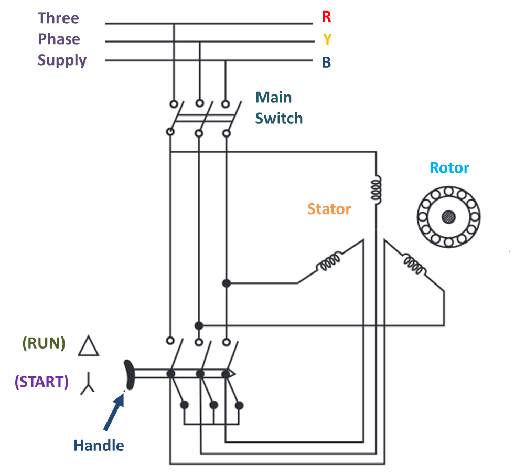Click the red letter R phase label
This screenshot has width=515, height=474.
pos(326,17)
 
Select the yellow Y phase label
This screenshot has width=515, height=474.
pos(327,39)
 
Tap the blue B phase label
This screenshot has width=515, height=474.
pos(326,62)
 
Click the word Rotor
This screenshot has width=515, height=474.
pos(449,168)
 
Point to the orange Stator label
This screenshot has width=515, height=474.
pos(329,209)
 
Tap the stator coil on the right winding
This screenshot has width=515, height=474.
pos(413,264)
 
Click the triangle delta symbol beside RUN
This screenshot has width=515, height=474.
pos(89,346)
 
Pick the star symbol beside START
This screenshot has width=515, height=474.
pos(88,384)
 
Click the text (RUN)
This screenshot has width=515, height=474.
pos(44,343)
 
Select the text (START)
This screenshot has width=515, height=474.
pos(42,382)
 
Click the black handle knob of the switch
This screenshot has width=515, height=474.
pos(128,374)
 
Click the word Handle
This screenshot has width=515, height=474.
pos(99,446)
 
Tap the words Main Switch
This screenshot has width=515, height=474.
pos(278,108)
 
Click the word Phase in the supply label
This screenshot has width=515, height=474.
pos(59,39)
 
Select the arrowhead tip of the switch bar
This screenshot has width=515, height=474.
pos(232,374)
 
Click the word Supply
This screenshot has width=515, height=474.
pos(62,60)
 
